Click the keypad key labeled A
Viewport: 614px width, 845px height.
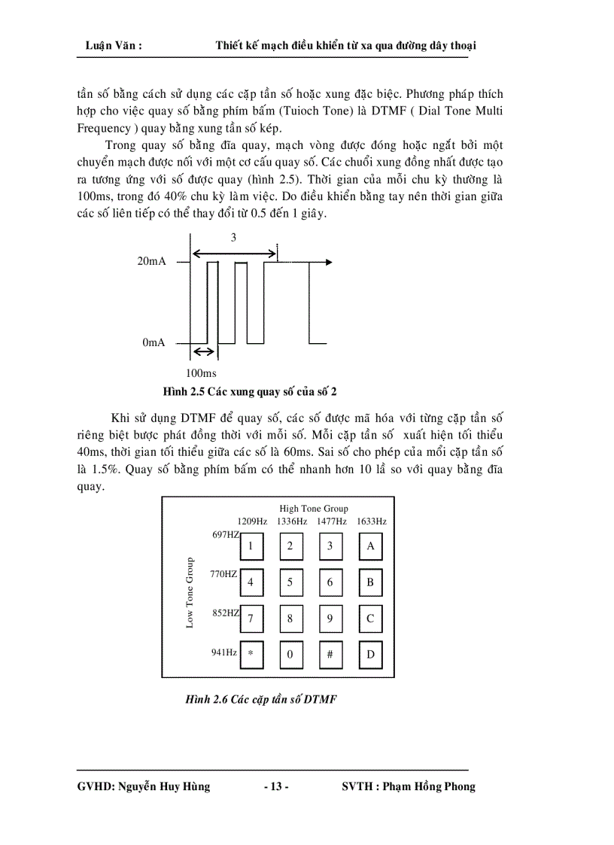(370, 547)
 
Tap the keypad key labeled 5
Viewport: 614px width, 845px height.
(290, 582)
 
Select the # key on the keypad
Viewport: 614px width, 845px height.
(330, 655)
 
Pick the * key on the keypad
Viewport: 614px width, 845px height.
(251, 655)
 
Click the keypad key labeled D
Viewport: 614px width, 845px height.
(370, 655)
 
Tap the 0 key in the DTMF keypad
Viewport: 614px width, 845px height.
(290, 655)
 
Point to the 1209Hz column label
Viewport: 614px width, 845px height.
(252, 521)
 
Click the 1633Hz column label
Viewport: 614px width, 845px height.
(371, 521)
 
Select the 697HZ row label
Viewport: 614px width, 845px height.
(225, 535)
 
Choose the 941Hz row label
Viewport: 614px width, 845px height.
(224, 652)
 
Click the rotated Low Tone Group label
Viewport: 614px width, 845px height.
(190, 592)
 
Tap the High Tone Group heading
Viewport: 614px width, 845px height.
(314, 509)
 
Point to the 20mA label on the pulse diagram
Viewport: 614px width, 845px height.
(151, 263)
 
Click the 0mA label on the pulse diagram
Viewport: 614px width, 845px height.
(153, 342)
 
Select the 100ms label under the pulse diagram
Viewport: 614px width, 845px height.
(200, 373)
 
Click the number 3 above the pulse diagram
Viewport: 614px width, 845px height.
(233, 238)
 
